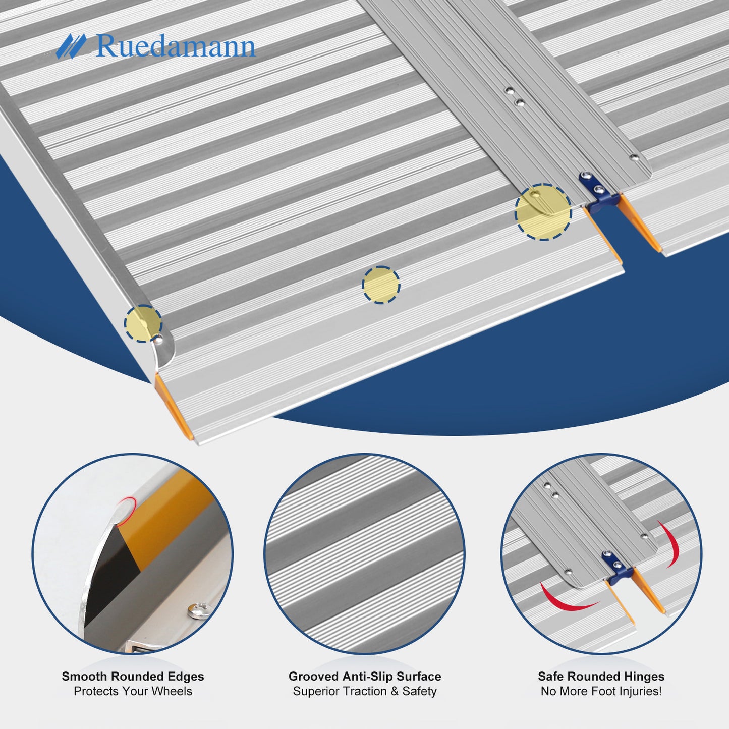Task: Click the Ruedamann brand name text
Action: coord(176,46)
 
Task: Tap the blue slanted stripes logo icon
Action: coord(71,46)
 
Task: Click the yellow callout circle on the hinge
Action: coord(543,212)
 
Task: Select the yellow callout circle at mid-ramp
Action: coord(380,285)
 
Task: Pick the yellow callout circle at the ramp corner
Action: coord(143,324)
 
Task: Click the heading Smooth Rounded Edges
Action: coord(133,676)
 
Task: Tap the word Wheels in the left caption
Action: coord(173,691)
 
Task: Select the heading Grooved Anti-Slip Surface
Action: coord(365,676)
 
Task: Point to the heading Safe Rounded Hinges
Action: coord(601,676)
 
